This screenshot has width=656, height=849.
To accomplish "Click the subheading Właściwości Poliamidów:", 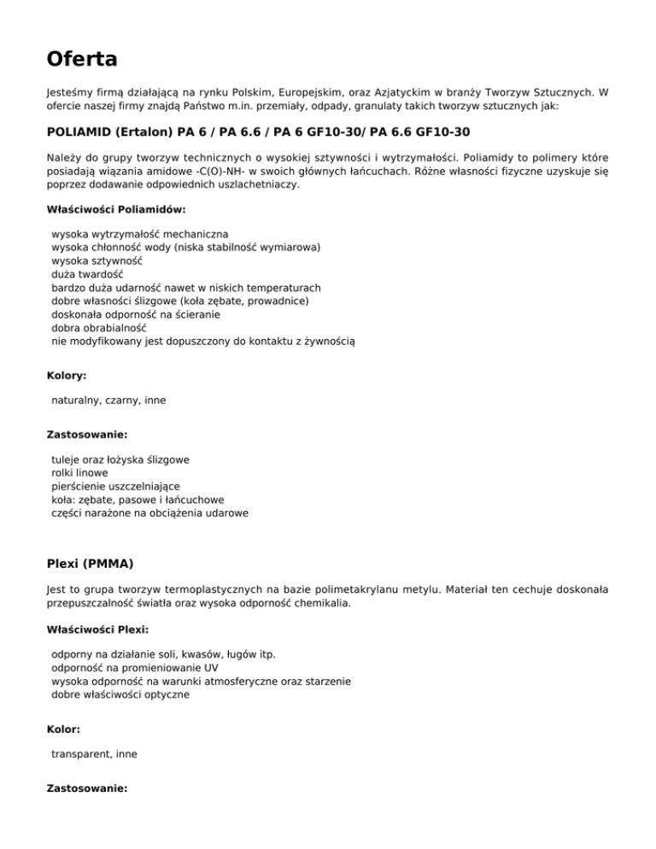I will (x=115, y=208).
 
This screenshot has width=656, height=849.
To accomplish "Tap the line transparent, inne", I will (x=94, y=754).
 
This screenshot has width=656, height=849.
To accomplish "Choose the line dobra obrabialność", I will (x=99, y=326).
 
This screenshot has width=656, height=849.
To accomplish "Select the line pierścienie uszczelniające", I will (x=115, y=486).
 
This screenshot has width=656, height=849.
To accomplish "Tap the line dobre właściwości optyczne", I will (x=120, y=695).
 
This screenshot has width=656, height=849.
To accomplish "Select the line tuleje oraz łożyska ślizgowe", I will (x=120, y=459).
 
